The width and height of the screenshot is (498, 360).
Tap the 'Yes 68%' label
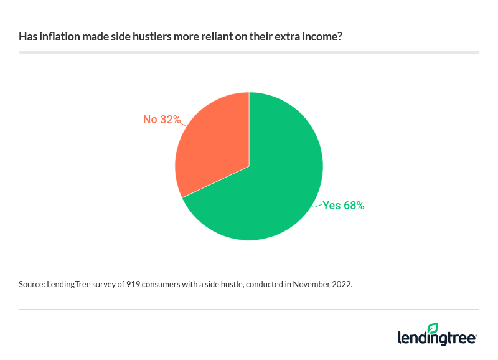[x=343, y=205]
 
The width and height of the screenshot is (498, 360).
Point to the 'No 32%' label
[x=162, y=119]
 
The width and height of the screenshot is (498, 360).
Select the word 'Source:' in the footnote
[x=32, y=284]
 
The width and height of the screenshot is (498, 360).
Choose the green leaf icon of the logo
[x=433, y=328]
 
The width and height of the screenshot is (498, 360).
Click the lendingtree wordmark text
[x=437, y=338]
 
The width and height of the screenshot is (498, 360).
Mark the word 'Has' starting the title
[x=27, y=37]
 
